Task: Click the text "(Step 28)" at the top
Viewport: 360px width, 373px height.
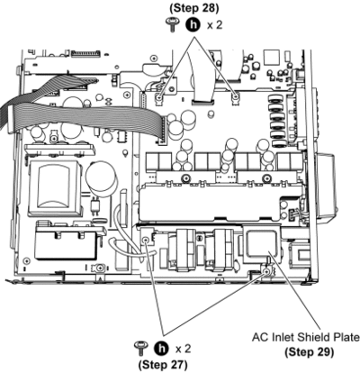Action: pyautogui.click(x=194, y=8)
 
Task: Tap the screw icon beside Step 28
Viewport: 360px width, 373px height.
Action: pyautogui.click(x=173, y=24)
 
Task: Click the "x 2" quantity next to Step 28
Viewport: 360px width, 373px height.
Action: pyautogui.click(x=215, y=25)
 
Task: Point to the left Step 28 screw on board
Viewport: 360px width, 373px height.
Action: pyautogui.click(x=159, y=97)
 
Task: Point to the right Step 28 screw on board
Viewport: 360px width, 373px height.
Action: pyautogui.click(x=236, y=96)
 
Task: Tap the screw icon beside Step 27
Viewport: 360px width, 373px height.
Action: pyautogui.click(x=140, y=349)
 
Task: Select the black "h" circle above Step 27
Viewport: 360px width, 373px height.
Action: pyautogui.click(x=161, y=349)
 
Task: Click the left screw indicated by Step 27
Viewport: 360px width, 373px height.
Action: pyautogui.click(x=146, y=240)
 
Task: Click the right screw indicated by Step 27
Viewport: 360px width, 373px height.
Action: pyautogui.click(x=265, y=272)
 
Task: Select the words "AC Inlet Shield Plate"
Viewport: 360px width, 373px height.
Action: pyautogui.click(x=306, y=338)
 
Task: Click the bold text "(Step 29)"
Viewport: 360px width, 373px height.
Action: pyautogui.click(x=309, y=351)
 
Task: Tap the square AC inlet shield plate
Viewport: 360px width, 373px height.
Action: pyautogui.click(x=262, y=244)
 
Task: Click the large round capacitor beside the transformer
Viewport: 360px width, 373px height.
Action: pyautogui.click(x=101, y=177)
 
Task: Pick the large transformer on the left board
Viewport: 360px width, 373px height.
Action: pyautogui.click(x=56, y=188)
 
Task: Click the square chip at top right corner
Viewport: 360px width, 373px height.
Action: pyautogui.click(x=272, y=58)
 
